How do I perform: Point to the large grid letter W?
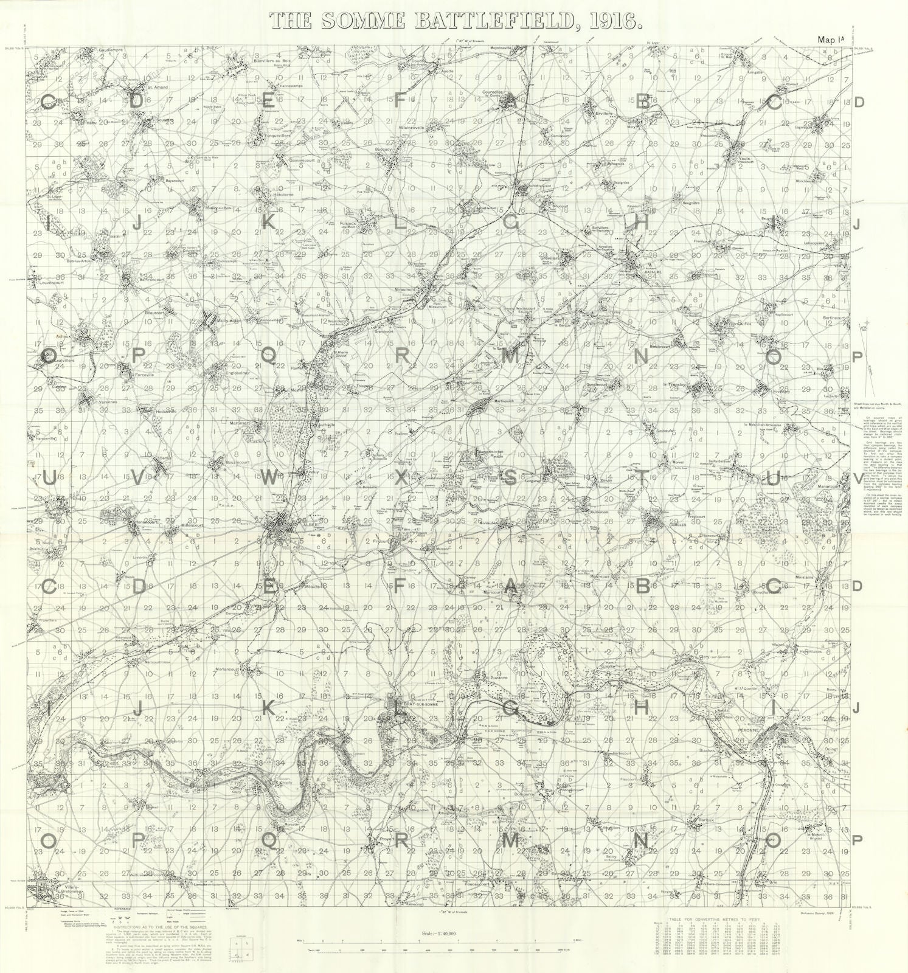(268, 477)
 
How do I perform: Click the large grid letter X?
(401, 477)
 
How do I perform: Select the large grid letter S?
(511, 477)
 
